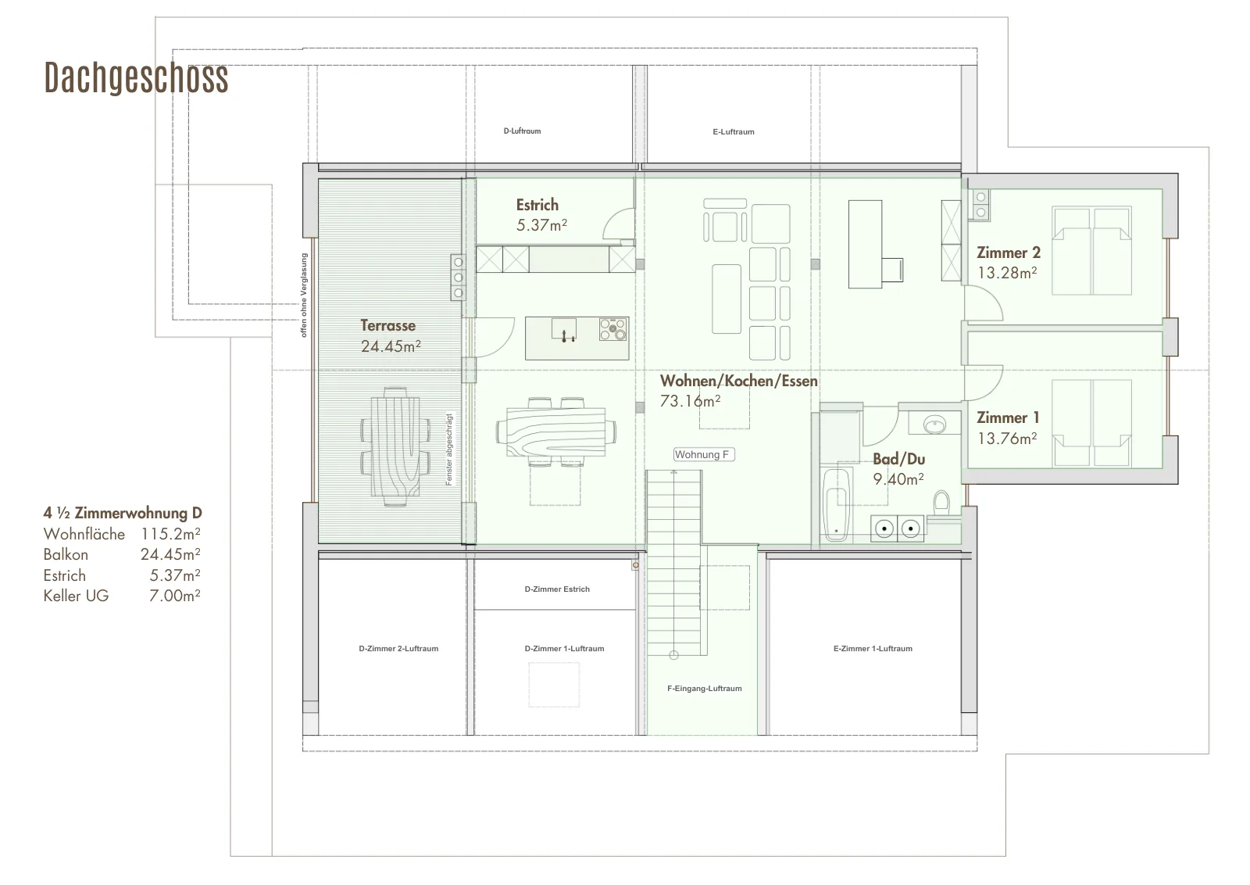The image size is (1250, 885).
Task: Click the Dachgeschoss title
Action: (x=136, y=78)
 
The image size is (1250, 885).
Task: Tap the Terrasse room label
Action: (x=387, y=325)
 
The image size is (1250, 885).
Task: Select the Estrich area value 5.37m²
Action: (x=541, y=225)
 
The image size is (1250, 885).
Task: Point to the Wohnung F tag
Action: (x=704, y=454)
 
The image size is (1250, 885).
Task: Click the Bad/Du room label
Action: (x=898, y=459)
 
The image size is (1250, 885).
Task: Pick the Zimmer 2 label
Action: (x=1009, y=253)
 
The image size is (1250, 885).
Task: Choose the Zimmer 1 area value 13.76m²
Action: (x=1007, y=439)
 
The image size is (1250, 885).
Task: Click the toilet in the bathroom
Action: (x=942, y=503)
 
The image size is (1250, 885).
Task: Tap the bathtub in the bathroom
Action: (x=836, y=505)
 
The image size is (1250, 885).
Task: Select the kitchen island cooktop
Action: (x=613, y=329)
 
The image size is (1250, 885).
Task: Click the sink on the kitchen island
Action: (x=564, y=329)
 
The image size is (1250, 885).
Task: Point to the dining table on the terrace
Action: (x=395, y=446)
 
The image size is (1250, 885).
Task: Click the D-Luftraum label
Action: (x=523, y=131)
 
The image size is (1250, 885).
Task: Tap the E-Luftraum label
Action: (x=734, y=132)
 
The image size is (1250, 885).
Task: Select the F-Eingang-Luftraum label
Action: (x=704, y=689)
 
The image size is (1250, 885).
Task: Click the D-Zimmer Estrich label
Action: (x=557, y=589)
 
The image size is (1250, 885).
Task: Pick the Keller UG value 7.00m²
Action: (x=175, y=596)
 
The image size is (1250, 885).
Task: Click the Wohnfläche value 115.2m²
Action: (x=170, y=534)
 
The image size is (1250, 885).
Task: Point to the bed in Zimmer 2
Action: (x=1091, y=251)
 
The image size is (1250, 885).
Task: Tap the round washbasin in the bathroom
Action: (x=934, y=425)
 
